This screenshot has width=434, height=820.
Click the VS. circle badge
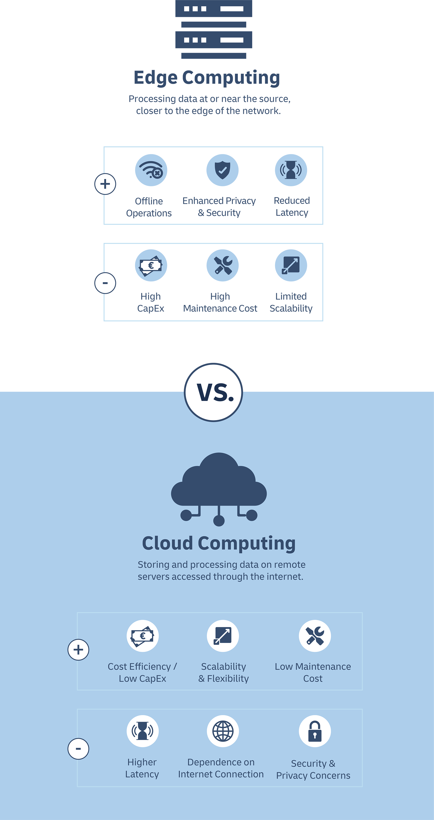213,393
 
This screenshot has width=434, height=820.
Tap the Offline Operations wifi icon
151,170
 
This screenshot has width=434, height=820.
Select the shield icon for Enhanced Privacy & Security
222,170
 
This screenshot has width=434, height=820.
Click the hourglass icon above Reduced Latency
291,170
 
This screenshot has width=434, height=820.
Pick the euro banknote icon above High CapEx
151,265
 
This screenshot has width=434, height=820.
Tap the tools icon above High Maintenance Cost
222,265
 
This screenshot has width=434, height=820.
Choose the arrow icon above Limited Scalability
291,265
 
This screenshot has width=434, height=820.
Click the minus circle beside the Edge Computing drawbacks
105,283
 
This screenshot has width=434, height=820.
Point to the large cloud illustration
219,484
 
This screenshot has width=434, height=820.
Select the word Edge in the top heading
155,77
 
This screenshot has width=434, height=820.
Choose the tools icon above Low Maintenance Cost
315,636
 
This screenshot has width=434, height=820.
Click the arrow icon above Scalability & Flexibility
223,636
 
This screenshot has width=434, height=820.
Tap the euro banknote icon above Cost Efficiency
143,636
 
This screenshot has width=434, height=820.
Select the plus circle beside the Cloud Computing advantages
78,650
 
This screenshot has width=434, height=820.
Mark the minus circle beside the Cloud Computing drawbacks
78,749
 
